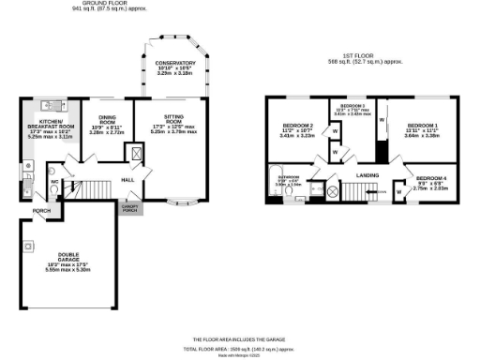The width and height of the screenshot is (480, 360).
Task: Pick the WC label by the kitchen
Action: click(55, 180)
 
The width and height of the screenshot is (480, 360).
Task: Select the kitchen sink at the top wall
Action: click(49, 107)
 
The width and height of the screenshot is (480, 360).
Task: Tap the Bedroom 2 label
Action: click(297, 130)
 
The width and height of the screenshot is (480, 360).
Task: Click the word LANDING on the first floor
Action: click(367, 174)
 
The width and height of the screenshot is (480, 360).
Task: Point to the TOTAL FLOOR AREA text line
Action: click(239, 347)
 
